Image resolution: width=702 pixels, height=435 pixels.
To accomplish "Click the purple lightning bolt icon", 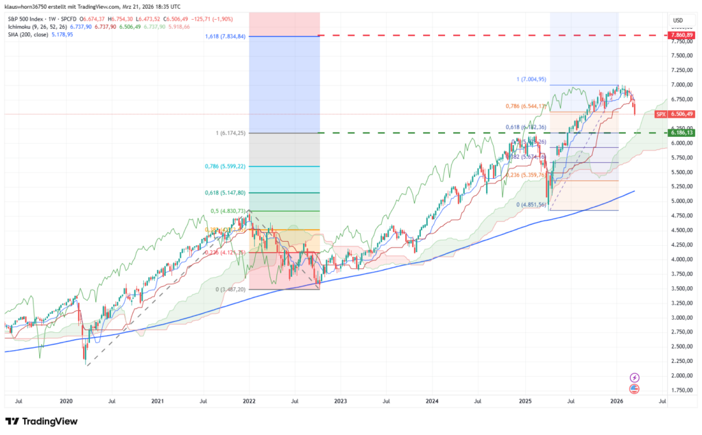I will click(x=634, y=377).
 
